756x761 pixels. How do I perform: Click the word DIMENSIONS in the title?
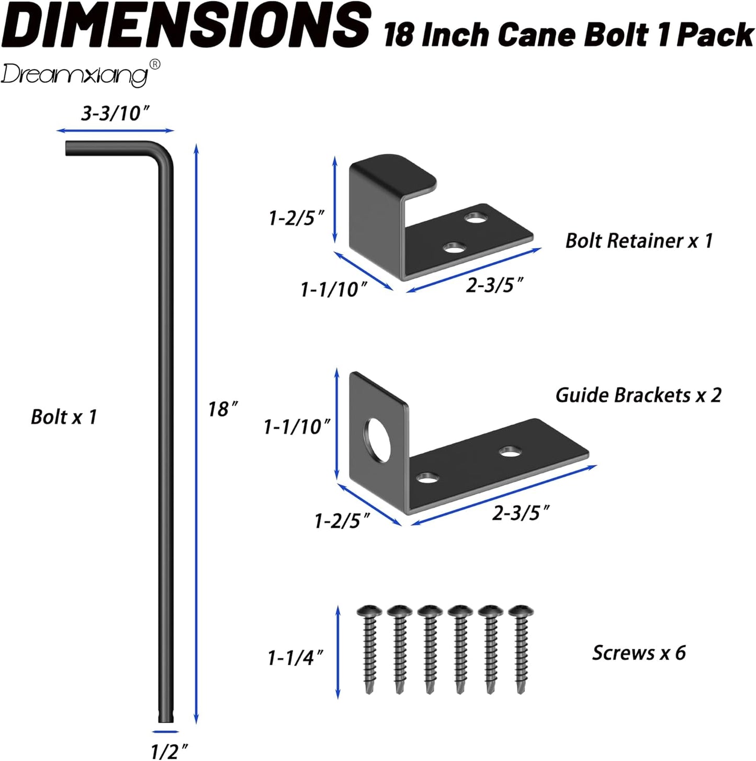coord(188,25)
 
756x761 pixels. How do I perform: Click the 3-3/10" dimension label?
coord(115,113)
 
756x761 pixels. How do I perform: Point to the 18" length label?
coord(223,409)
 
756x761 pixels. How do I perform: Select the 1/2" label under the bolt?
coord(168,751)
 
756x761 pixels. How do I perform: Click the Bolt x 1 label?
coord(64,417)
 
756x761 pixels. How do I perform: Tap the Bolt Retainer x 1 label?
coord(639,241)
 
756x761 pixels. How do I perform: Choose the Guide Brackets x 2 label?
coord(638,395)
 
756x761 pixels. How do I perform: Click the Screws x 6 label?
coord(639,653)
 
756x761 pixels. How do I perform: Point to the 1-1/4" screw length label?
coord(295,658)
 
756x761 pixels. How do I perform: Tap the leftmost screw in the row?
coord(369,649)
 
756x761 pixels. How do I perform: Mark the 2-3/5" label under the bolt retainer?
coord(494,285)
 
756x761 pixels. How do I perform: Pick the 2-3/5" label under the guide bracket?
coord(521,513)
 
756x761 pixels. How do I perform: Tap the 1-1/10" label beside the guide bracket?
coord(297,427)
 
